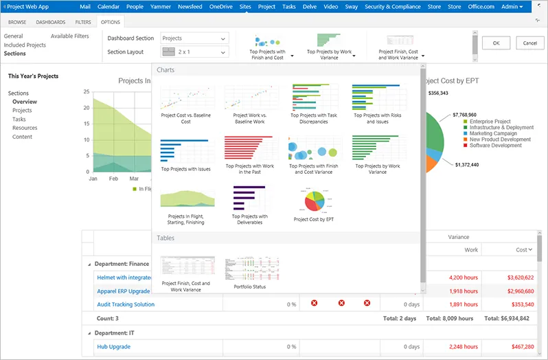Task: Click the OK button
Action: pyautogui.click(x=495, y=43)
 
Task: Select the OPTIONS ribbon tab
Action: pyautogui.click(x=110, y=22)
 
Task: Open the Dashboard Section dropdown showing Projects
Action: pyautogui.click(x=194, y=38)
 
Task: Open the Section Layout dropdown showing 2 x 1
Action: pyautogui.click(x=194, y=52)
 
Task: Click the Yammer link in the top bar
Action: pyautogui.click(x=161, y=6)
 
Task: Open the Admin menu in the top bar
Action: pyautogui.click(x=512, y=6)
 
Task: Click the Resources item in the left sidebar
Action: pyautogui.click(x=25, y=128)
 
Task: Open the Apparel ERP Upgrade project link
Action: pyautogui.click(x=124, y=291)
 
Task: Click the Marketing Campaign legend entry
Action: pyautogui.click(x=493, y=133)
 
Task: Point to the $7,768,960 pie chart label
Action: pyautogui.click(x=464, y=115)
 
